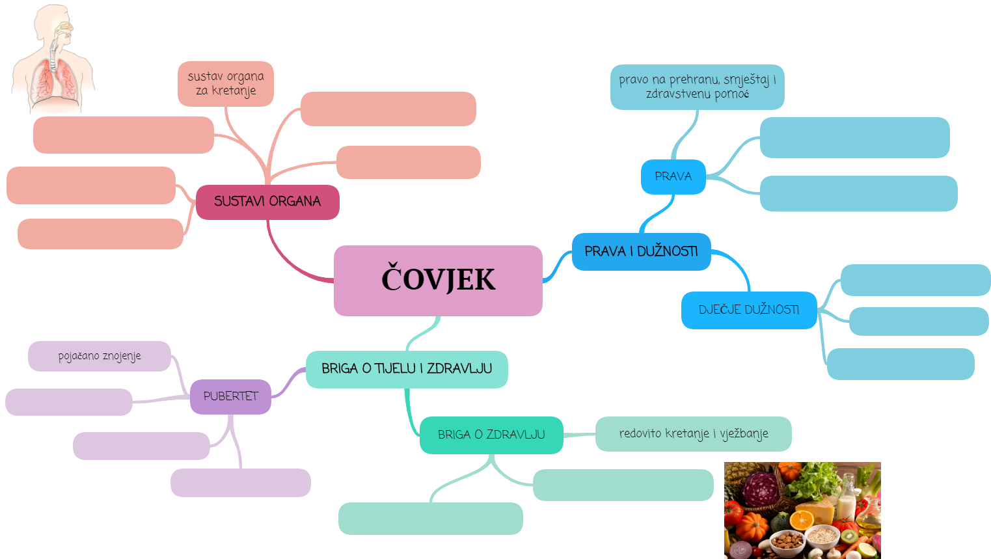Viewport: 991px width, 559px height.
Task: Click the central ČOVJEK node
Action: (438, 280)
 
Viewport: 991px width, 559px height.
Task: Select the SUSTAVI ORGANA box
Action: (267, 202)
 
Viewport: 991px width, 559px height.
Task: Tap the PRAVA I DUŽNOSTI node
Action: (641, 251)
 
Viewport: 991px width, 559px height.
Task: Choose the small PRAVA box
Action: (673, 176)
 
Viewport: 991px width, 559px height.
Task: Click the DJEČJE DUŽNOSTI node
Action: (748, 310)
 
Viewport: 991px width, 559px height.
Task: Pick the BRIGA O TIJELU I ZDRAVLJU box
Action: (407, 369)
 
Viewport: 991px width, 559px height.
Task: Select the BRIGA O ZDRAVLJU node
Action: (491, 435)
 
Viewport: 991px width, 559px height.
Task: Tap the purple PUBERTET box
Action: (230, 396)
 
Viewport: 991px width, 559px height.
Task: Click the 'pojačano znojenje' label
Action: (100, 356)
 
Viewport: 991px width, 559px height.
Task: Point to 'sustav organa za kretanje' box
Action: (226, 84)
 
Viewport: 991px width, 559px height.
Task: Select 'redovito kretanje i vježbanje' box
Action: (693, 433)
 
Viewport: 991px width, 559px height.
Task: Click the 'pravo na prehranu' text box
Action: (697, 87)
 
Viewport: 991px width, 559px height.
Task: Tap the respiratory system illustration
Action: (53, 62)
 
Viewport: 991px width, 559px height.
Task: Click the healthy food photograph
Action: (802, 510)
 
